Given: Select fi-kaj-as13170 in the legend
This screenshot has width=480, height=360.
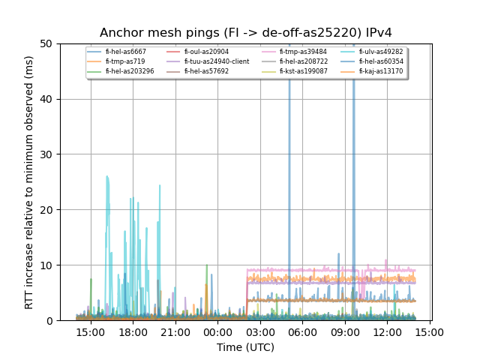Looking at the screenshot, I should pos(380,71).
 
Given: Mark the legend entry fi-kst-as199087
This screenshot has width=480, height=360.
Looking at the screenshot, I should pos(303,71).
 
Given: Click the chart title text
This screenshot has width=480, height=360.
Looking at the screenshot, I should pos(246,33).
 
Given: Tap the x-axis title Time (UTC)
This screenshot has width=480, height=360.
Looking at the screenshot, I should pos(246,347).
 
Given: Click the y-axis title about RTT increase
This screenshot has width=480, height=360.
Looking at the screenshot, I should pos(29,182).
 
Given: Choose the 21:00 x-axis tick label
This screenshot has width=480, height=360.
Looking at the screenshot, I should pos(175,331).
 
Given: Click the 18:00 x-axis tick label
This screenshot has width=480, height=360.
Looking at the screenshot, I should pos(133,331).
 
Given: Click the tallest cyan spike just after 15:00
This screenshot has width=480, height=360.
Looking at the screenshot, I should pos(107,178).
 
